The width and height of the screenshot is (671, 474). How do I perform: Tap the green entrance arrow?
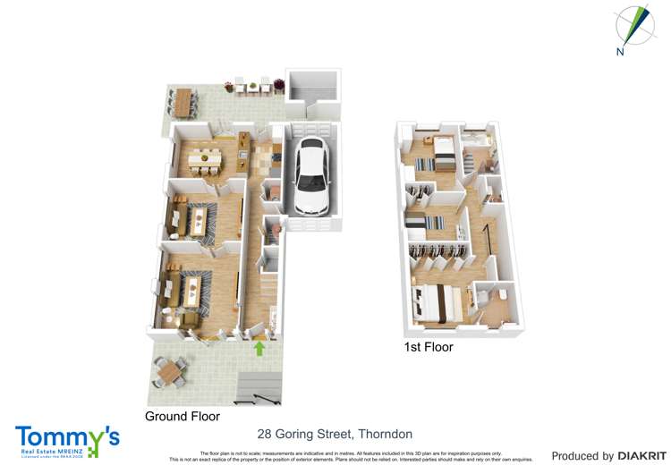click(x=259, y=348)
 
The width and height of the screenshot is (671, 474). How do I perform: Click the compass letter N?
click(x=620, y=52)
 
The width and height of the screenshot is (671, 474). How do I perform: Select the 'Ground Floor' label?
click(x=183, y=417)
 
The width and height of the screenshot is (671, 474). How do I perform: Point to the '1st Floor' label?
click(x=428, y=347)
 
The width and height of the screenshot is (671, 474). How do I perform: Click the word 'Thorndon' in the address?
click(x=386, y=434)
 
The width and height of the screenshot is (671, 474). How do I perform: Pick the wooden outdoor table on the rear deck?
click(x=184, y=101)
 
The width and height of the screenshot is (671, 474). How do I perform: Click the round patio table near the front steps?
click(x=168, y=368)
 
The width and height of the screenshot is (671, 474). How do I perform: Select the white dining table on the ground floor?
click(x=208, y=158)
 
